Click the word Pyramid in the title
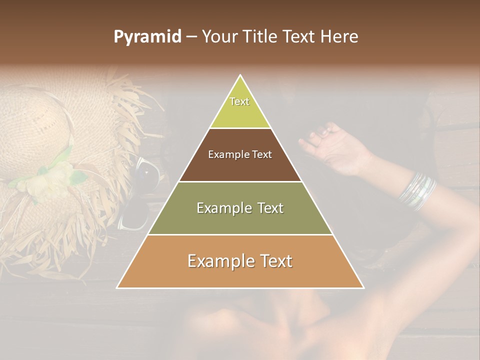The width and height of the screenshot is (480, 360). [x=147, y=37]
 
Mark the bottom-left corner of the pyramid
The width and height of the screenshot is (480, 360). [x=117, y=288]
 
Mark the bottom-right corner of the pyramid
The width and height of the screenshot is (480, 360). [x=363, y=288]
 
